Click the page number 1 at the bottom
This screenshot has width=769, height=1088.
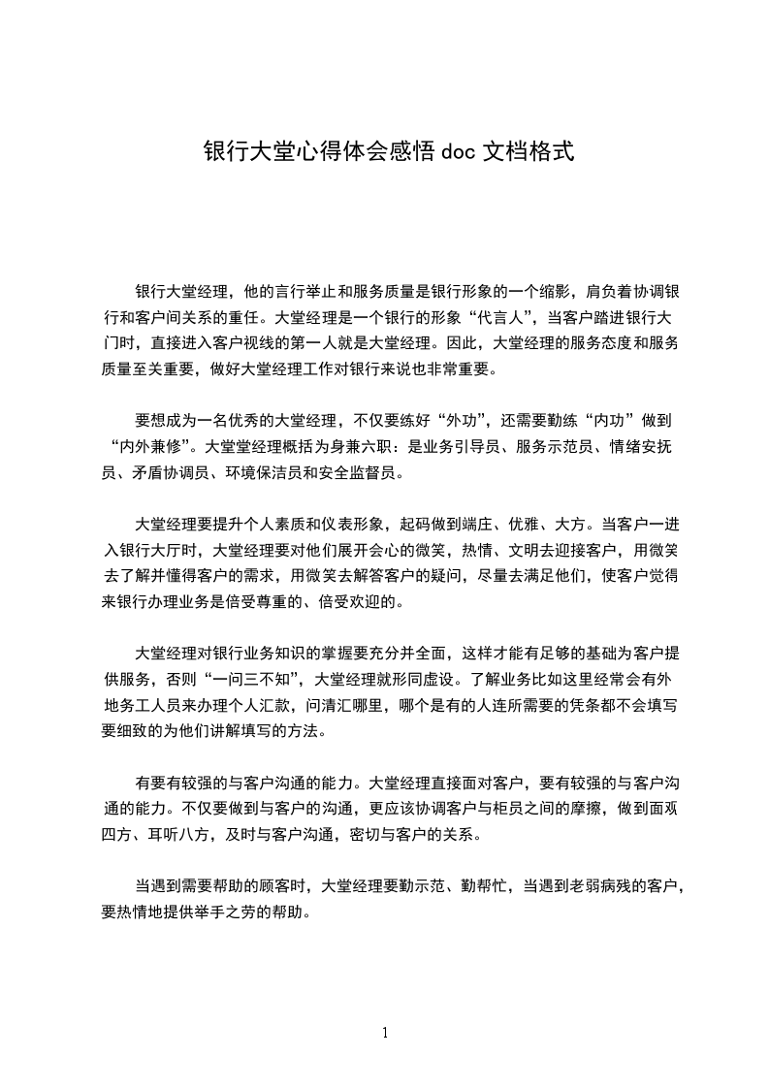pos(385,1033)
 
